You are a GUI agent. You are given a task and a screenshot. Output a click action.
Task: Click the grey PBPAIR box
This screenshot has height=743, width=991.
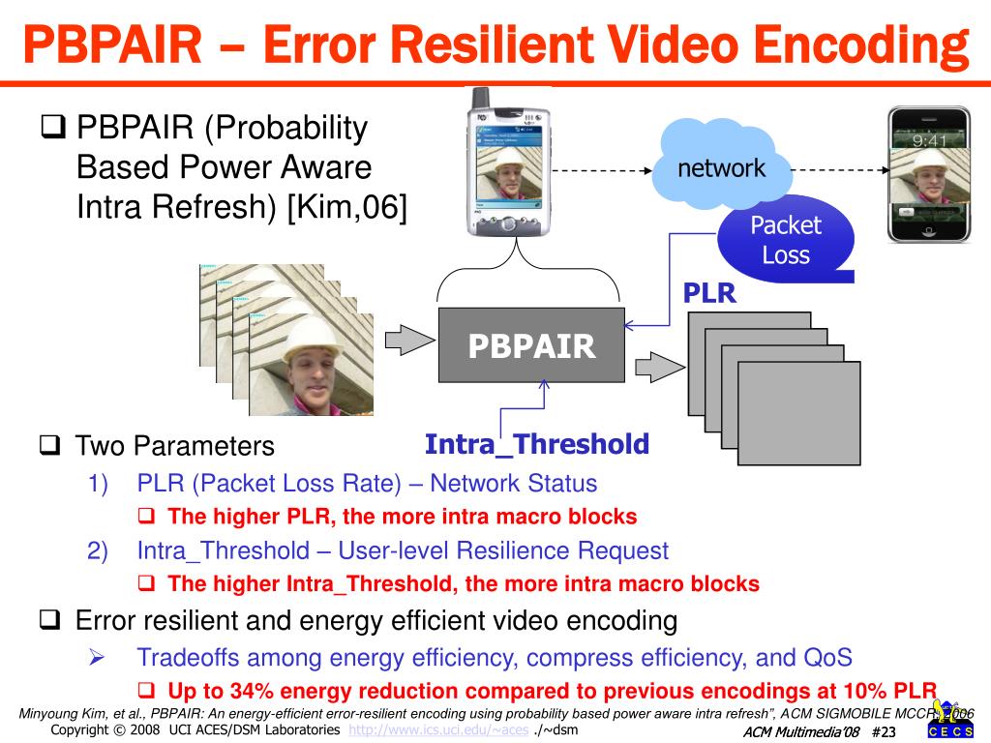coord(531,345)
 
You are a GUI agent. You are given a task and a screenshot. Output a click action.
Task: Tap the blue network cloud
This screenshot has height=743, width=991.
coord(721,166)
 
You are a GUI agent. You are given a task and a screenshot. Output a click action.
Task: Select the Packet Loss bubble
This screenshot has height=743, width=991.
coord(785,240)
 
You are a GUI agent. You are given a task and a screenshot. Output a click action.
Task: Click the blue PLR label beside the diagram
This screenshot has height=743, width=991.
coord(710,293)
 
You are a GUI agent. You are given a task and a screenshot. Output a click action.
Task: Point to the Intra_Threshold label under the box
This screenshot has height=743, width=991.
coord(537,444)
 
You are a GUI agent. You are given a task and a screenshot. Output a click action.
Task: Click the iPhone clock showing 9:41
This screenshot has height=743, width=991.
coord(930,140)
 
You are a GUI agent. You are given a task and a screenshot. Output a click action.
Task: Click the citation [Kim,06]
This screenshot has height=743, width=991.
coord(345,206)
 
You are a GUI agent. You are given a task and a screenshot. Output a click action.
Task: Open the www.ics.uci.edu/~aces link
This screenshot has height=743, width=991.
coord(438,729)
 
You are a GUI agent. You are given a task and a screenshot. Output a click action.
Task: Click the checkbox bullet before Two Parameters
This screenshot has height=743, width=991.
coord(50,446)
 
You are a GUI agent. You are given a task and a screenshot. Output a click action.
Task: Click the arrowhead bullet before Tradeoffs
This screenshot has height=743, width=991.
coord(97,658)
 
